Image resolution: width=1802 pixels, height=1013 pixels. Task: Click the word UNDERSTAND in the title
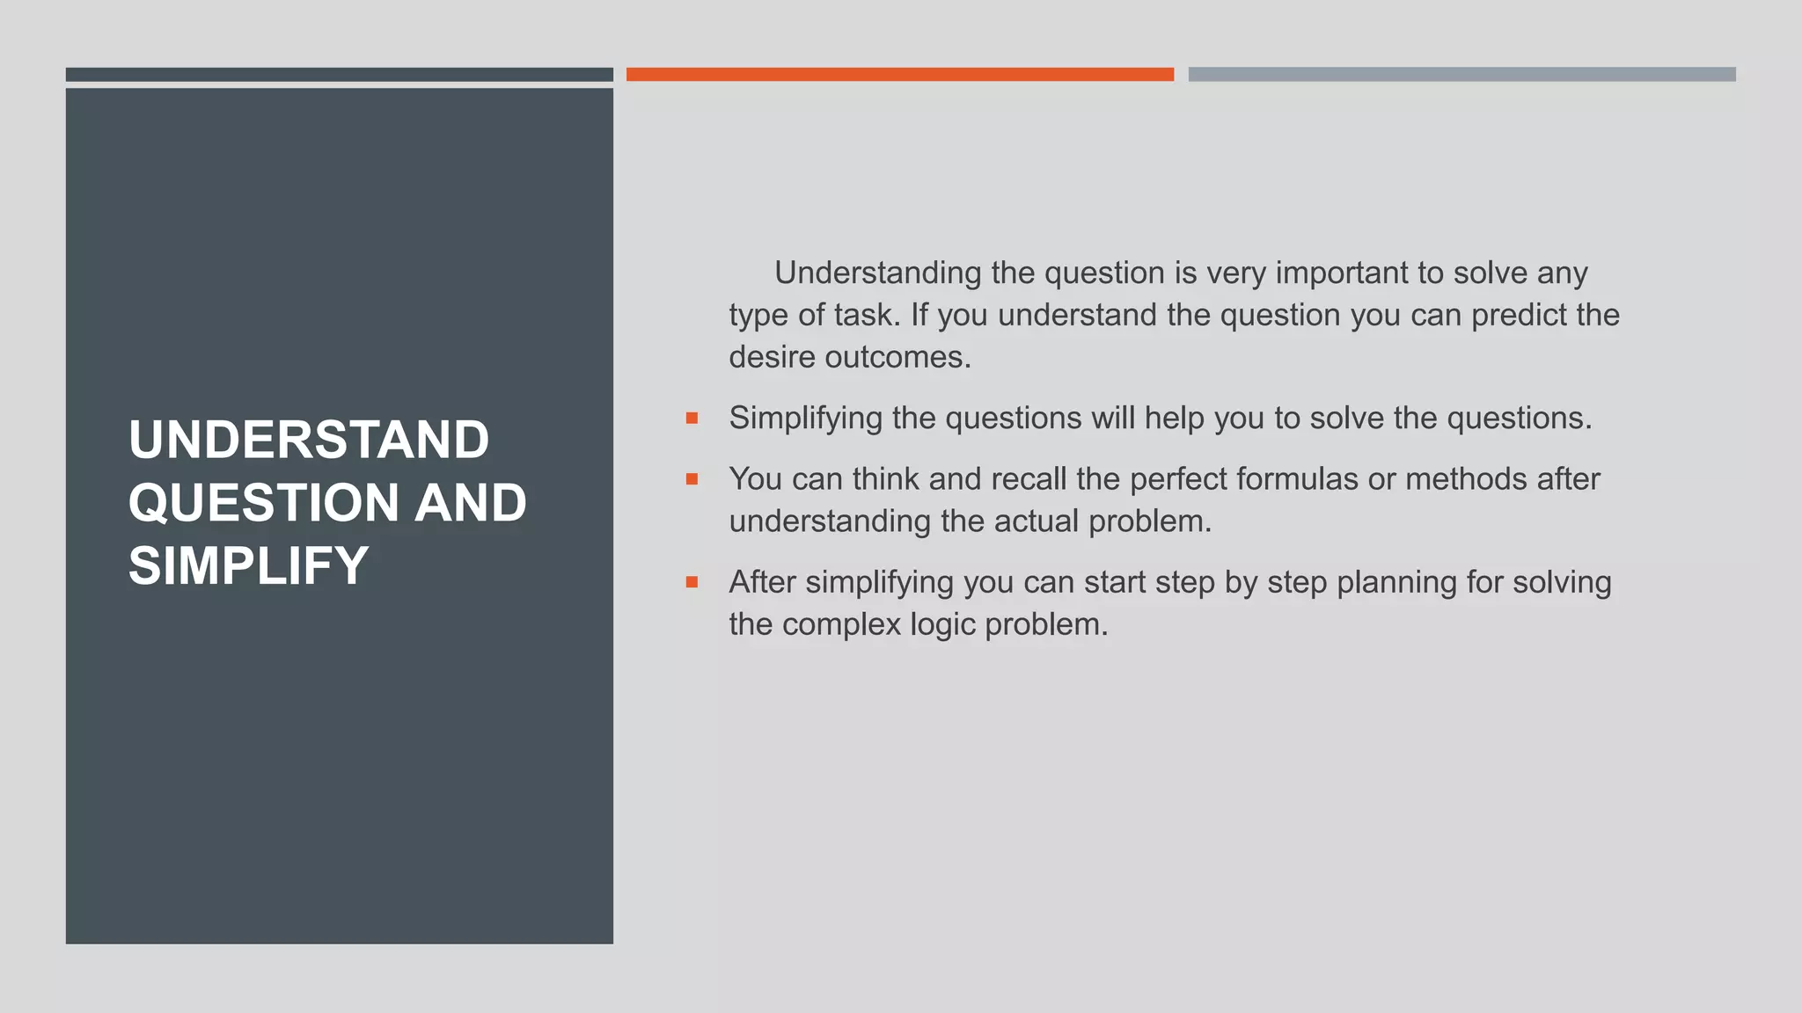[308, 440]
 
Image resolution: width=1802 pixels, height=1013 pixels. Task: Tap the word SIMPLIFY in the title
[248, 565]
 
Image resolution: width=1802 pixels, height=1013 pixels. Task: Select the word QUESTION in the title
[264, 503]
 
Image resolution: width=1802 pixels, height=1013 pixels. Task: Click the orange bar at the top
[899, 75]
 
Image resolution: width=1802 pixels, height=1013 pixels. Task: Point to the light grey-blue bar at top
[1461, 75]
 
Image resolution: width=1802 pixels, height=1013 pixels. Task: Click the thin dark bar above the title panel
[339, 75]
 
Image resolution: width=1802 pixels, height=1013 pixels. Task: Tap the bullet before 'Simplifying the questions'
[692, 419]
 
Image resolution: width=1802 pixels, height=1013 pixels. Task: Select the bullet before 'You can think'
[692, 479]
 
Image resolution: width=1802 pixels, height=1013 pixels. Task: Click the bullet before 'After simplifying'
[692, 582]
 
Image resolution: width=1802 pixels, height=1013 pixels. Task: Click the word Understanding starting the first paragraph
[877, 273]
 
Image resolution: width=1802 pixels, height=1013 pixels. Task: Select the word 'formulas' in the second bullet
[1297, 479]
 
